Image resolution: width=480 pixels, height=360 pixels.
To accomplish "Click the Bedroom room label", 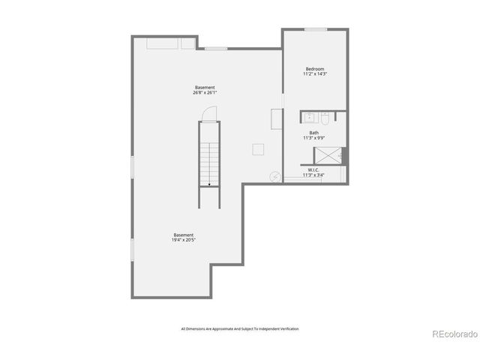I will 313,68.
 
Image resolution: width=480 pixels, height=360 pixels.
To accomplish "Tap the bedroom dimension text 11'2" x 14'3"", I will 313,74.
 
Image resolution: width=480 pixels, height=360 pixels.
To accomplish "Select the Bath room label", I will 313,133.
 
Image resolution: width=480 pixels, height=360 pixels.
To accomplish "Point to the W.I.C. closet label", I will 313,169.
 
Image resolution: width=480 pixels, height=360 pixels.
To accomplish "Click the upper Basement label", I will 205,88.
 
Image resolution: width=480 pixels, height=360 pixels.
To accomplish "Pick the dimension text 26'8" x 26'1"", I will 205,94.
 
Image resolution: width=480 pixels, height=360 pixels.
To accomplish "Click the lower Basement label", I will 184,235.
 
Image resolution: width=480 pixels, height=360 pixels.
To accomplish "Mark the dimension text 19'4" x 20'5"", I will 184,241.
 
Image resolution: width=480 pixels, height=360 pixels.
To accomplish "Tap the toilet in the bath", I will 326,118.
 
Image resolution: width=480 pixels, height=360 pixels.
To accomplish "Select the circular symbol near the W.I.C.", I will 274,177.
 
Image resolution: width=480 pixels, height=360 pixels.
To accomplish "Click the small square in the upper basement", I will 258,149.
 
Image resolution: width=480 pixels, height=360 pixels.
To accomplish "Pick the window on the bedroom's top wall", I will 315,29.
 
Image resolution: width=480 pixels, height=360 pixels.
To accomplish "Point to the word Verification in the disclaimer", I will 288,328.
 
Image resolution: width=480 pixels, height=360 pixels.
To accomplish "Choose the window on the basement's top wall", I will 216,49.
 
